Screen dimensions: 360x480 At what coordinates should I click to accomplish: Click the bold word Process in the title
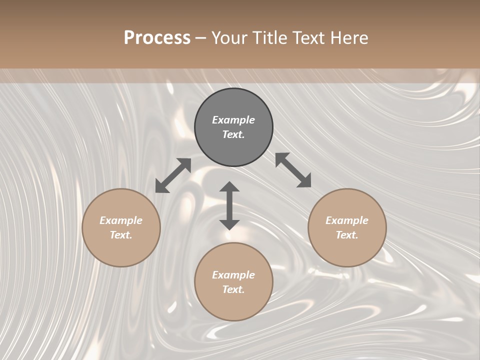click(x=157, y=38)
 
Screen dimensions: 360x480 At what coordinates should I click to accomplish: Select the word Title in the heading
click(x=269, y=38)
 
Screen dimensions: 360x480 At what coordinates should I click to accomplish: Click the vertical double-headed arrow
click(x=229, y=205)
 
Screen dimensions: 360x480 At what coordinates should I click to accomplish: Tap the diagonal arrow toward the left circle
click(x=173, y=175)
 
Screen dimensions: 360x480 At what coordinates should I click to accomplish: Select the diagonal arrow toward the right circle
click(x=293, y=170)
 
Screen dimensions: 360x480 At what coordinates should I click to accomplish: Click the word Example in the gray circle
click(x=233, y=120)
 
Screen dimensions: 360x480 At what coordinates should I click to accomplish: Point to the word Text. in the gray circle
click(x=233, y=134)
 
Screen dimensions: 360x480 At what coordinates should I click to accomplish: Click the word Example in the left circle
click(x=121, y=220)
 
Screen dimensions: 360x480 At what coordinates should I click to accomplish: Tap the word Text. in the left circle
click(x=121, y=235)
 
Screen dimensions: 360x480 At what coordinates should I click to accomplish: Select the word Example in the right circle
click(x=347, y=220)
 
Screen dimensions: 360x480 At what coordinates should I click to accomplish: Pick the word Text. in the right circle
click(x=347, y=235)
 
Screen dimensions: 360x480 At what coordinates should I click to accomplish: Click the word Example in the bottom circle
click(x=233, y=275)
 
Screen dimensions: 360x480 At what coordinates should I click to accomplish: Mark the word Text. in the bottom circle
click(x=233, y=289)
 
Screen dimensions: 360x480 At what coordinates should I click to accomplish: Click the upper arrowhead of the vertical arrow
click(x=229, y=187)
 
